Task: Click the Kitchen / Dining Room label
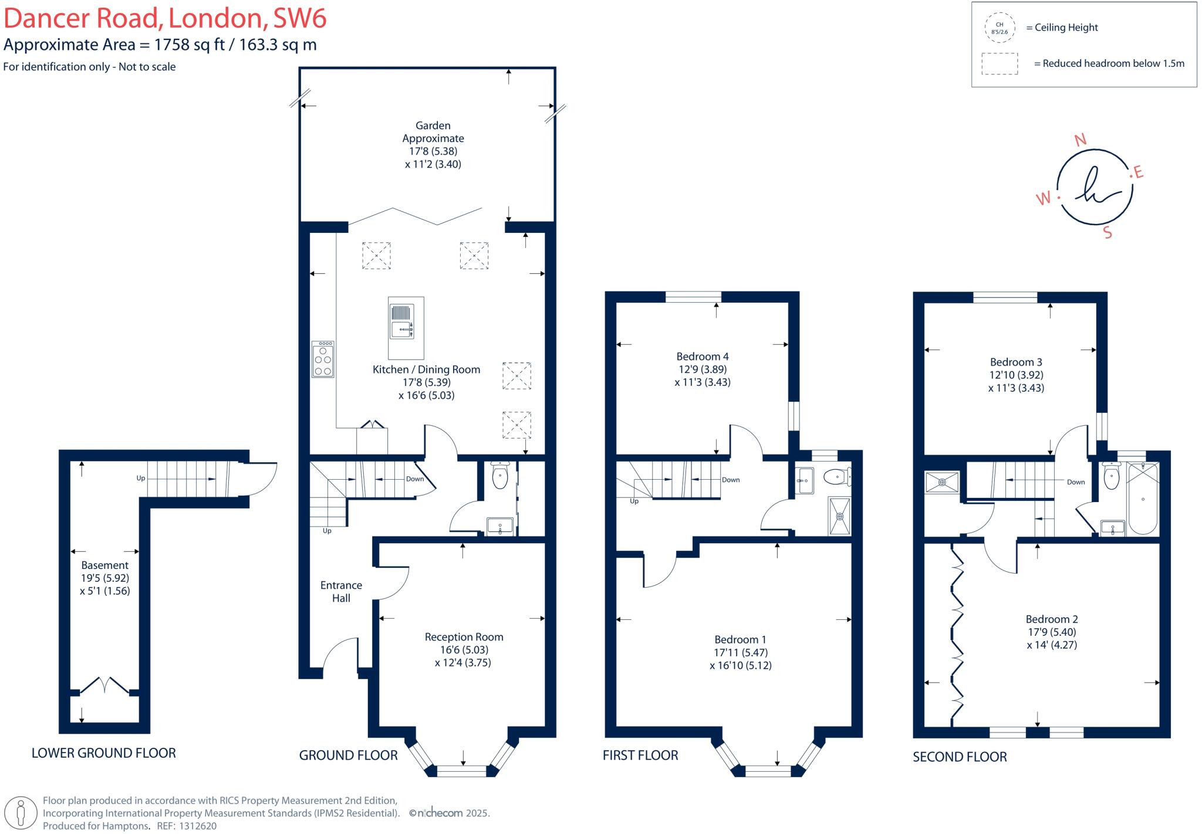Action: [426, 369]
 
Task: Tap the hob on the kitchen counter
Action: [323, 359]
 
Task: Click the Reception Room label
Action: [464, 637]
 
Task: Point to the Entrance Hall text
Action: [341, 592]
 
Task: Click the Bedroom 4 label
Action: [703, 357]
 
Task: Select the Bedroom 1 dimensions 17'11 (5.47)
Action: [741, 653]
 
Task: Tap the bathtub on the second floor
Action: [1142, 499]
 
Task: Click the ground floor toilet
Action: [499, 476]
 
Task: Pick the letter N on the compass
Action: [1080, 140]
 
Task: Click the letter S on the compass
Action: [1108, 233]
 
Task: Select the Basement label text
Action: [104, 565]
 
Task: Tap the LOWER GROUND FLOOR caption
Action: [104, 753]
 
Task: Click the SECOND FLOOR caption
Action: [960, 757]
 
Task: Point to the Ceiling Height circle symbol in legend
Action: [1000, 28]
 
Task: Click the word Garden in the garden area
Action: [433, 126]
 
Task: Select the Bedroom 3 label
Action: [1016, 362]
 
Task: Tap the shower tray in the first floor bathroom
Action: [839, 516]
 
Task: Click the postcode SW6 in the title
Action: [299, 18]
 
